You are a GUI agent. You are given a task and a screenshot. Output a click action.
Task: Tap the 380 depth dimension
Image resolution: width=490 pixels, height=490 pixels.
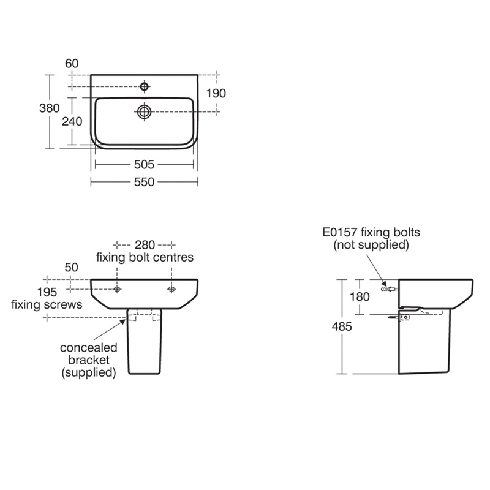pos(49,108)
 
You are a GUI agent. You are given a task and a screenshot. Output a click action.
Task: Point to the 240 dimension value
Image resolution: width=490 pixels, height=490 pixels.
pos(72,121)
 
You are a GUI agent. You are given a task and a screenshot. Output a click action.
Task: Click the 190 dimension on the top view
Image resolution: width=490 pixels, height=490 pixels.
pos(216,93)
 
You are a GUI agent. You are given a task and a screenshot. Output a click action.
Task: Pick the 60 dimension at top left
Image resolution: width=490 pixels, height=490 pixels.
pos(72,63)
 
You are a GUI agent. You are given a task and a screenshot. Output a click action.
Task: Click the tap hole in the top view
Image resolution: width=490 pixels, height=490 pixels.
pos(144,86)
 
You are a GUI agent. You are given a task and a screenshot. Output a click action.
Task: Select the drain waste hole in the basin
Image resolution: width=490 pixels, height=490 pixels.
pos(145,111)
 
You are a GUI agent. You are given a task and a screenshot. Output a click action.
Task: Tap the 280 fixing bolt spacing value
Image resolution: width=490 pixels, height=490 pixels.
pos(145,244)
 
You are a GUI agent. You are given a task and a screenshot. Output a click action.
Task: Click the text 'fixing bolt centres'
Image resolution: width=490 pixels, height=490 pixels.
pos(145,257)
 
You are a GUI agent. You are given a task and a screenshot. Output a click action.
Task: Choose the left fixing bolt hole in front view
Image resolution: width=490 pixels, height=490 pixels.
pos(118,288)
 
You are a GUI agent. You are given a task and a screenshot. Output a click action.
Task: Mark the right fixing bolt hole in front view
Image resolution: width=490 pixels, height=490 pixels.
pos(171,288)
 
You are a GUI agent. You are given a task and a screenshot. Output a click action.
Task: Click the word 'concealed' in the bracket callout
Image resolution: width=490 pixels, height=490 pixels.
pos(88,347)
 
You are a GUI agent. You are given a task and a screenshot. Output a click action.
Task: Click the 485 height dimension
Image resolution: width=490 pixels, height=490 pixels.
pos(342,326)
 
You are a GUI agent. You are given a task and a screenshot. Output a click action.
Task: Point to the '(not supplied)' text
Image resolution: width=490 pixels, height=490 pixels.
pos(371,245)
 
